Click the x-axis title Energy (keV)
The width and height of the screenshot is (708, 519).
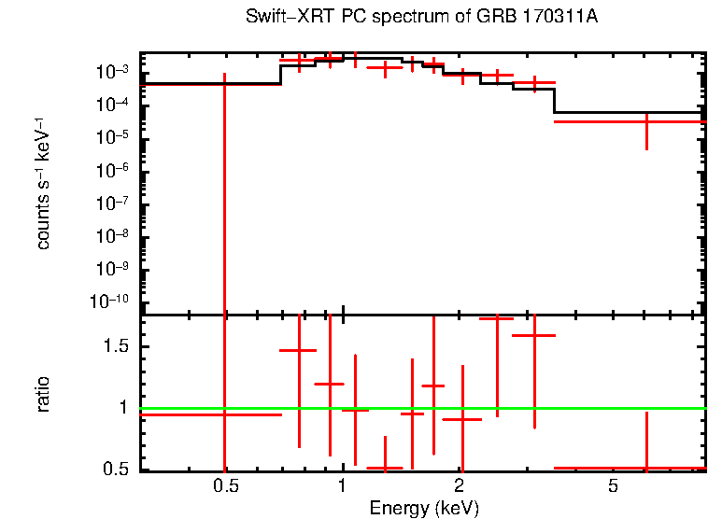(424, 509)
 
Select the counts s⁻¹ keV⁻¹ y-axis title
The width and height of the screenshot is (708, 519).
(43, 183)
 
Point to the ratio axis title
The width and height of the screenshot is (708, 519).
(43, 394)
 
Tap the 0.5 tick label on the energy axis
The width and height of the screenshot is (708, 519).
(224, 486)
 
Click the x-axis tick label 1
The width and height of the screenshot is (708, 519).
(343, 486)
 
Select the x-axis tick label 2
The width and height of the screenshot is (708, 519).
(460, 486)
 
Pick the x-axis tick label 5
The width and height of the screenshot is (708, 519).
(614, 486)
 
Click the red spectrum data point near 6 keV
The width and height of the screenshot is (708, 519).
(646, 121)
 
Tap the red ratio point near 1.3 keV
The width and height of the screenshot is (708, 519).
(385, 468)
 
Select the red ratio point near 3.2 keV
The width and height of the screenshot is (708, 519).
(534, 334)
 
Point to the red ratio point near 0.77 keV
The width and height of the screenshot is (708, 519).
(299, 350)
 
